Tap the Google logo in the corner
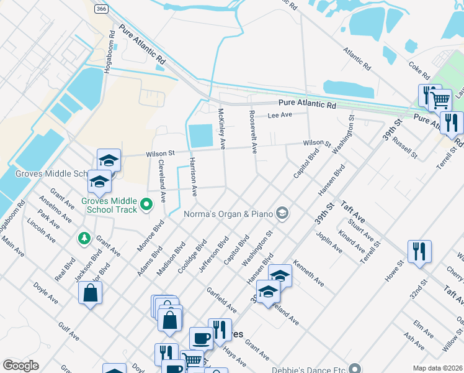[20, 366]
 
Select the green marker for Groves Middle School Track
[147, 204]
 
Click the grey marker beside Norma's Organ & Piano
[282, 214]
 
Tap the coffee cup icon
[200, 338]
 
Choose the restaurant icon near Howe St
[419, 251]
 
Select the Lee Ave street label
[279, 115]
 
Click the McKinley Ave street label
[221, 129]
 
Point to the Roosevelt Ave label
[252, 132]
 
